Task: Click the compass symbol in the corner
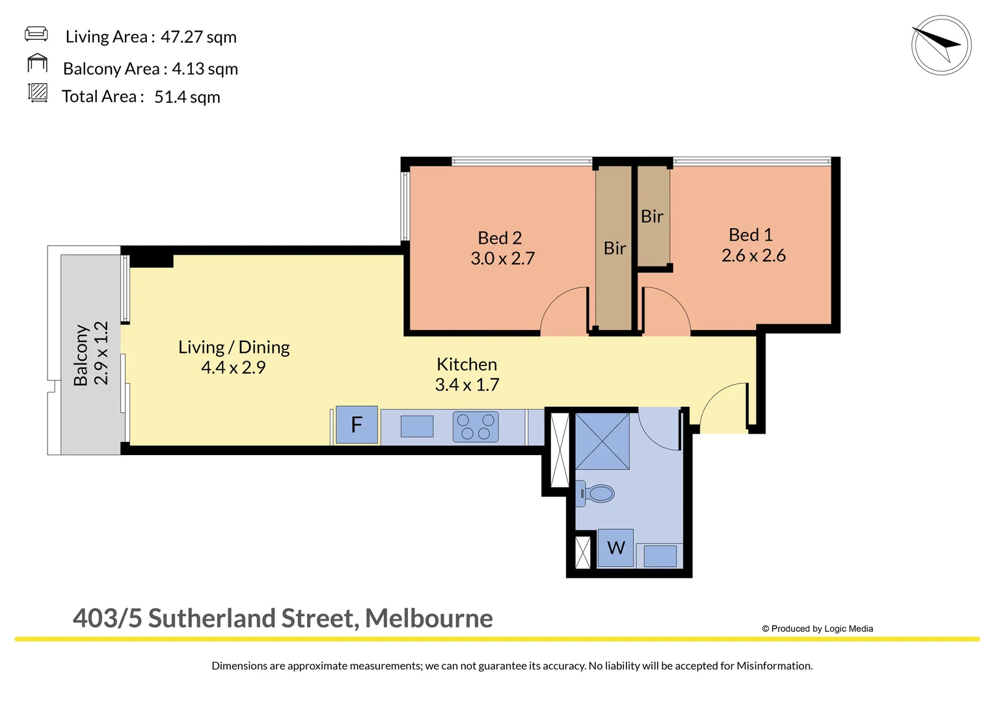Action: coord(941,45)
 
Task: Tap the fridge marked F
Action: coord(356,425)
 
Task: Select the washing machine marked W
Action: coord(615,548)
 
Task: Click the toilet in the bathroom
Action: coord(597,494)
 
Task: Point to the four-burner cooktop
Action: coord(476,427)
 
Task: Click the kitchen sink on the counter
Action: coord(417,426)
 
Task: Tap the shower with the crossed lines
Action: coord(602,441)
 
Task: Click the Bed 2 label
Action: coord(500,238)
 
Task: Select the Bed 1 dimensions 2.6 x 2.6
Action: coord(753,255)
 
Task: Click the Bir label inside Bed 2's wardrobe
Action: coord(615,248)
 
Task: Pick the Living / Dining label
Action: coord(234,347)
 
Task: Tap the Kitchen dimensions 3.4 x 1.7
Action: coord(467,385)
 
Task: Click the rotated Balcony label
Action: coord(81,355)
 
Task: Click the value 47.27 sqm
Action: coord(198,37)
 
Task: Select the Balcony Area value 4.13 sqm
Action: coord(205,69)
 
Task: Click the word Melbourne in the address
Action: coord(429,618)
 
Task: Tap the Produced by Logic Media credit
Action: coord(818,629)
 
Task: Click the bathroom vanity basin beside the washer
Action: coord(660,556)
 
